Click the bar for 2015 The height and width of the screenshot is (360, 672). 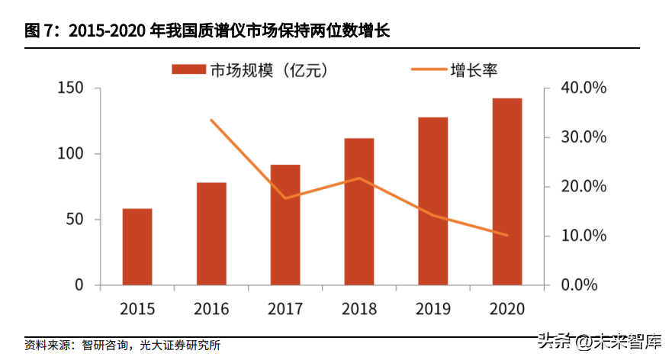(x=137, y=246)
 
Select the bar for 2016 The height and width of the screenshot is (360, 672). (x=211, y=233)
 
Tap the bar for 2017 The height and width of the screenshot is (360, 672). (x=285, y=224)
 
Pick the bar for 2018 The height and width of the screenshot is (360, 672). (x=359, y=211)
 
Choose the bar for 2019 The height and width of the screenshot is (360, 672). (x=433, y=201)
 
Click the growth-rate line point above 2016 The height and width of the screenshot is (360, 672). (x=211, y=121)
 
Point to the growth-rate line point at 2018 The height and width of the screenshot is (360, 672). (x=359, y=178)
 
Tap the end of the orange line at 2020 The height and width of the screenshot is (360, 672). (x=507, y=235)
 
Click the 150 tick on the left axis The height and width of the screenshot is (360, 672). (x=71, y=88)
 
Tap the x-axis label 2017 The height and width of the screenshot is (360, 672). (x=285, y=309)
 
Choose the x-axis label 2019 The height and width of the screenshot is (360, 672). (x=433, y=309)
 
